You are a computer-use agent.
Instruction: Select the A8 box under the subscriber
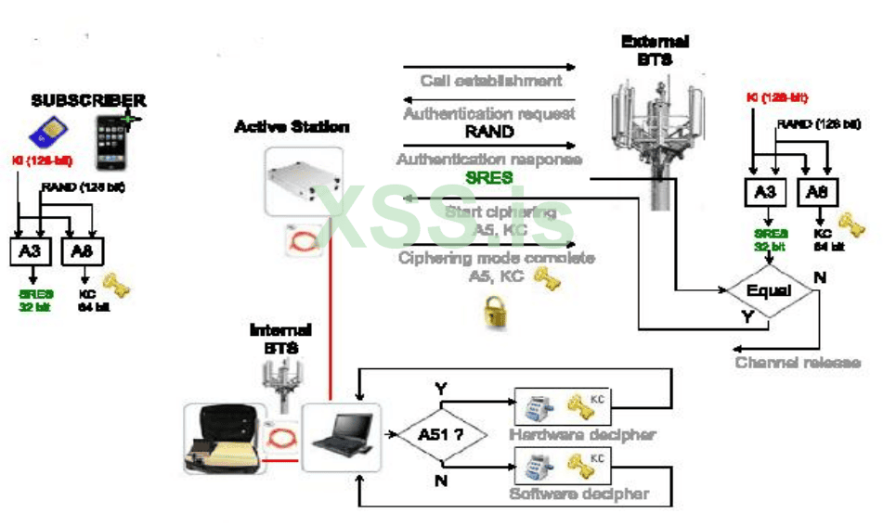pyautogui.click(x=84, y=250)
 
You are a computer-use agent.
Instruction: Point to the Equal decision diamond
pyautogui.click(x=768, y=291)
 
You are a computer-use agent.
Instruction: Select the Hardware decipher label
pyautogui.click(x=582, y=434)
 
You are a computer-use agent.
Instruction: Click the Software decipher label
pyautogui.click(x=578, y=494)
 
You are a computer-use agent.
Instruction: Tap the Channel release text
pyautogui.click(x=798, y=362)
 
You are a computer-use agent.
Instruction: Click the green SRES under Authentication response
pyautogui.click(x=489, y=177)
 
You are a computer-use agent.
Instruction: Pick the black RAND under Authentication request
pyautogui.click(x=489, y=132)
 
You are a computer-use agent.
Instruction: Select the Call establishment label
pyautogui.click(x=490, y=81)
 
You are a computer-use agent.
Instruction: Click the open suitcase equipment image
pyautogui.click(x=221, y=436)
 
